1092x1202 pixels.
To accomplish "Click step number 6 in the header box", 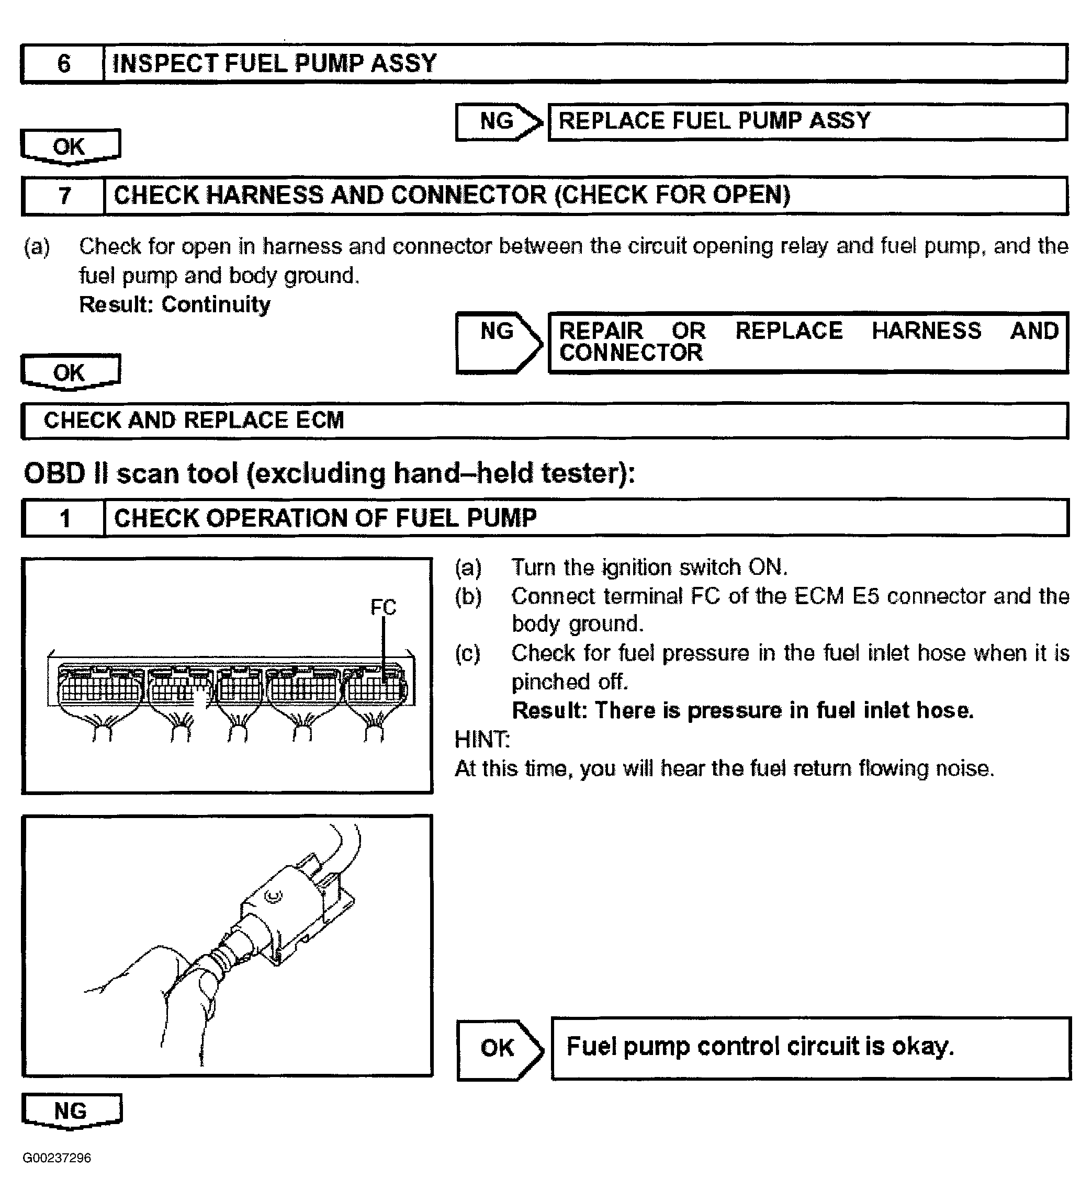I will pyautogui.click(x=63, y=63).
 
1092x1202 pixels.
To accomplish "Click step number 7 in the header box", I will pyautogui.click(x=64, y=196).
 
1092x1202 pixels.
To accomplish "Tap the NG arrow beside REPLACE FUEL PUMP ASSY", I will pyautogui.click(x=498, y=122).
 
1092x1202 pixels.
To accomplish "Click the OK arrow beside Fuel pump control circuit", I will pyautogui.click(x=498, y=1048).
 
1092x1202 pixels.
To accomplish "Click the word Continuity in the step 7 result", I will pyautogui.click(x=216, y=304).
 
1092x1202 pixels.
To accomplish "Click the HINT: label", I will pyautogui.click(x=482, y=739).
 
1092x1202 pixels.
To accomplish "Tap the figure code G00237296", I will pyautogui.click(x=57, y=1158).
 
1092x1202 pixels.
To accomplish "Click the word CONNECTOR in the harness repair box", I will pyautogui.click(x=631, y=353).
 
